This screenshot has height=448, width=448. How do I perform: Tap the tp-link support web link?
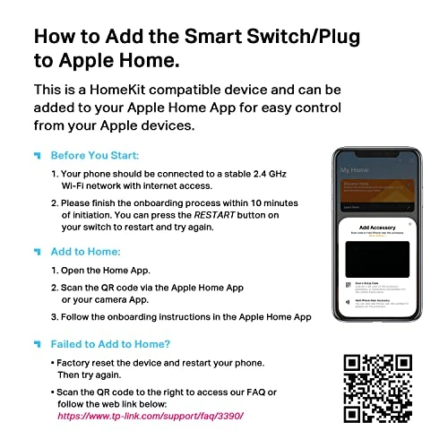click(x=151, y=417)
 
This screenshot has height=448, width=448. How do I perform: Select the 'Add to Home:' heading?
click(x=86, y=252)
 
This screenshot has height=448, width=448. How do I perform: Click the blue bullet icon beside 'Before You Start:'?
click(x=37, y=155)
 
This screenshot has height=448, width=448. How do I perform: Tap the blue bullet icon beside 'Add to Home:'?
click(x=37, y=252)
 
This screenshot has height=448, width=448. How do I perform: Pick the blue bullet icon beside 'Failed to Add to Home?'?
click(x=37, y=343)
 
